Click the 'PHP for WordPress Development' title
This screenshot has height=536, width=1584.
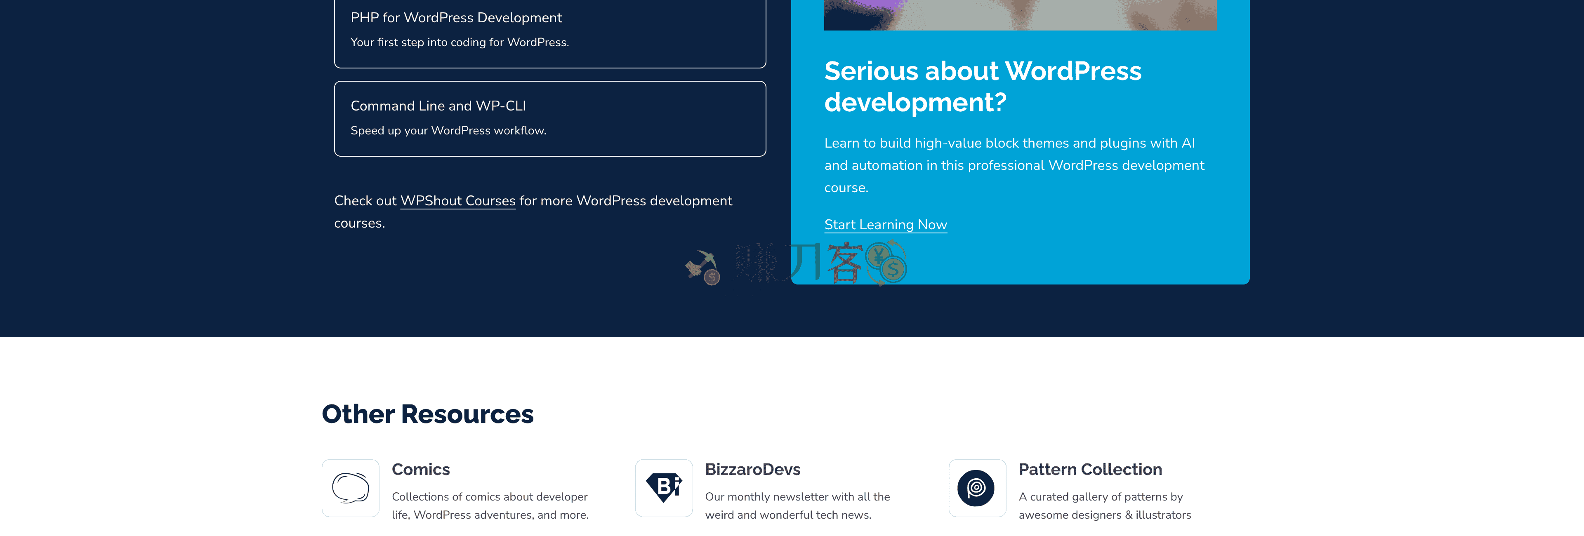tap(456, 18)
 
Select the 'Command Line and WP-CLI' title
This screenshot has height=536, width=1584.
tap(438, 106)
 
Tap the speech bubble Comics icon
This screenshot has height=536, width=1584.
tap(351, 488)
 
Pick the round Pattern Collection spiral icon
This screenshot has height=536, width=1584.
tap(976, 488)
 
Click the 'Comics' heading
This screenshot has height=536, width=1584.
tap(421, 470)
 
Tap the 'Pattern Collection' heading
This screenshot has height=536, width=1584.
tap(1089, 470)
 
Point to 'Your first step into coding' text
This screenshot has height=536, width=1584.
tap(418, 42)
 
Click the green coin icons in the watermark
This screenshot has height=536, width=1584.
tap(886, 263)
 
